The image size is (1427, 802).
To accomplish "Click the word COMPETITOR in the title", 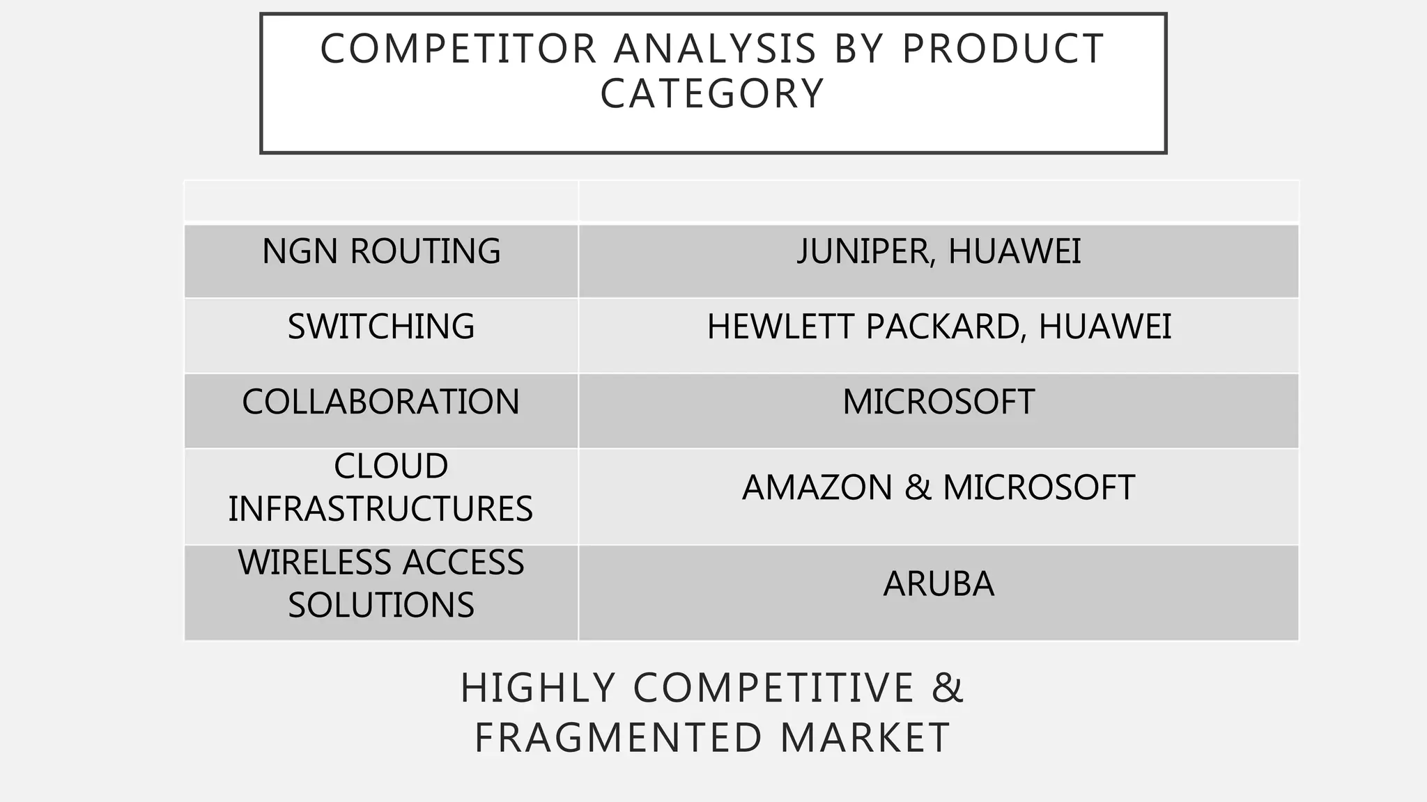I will (x=458, y=49).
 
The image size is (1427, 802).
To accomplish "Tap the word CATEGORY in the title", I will (x=712, y=93).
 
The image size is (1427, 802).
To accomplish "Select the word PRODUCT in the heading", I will (x=1003, y=49).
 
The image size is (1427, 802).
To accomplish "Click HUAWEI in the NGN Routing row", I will (x=1014, y=251).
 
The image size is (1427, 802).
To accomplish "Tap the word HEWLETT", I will (x=780, y=327).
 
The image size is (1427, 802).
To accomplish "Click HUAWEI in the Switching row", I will (x=1104, y=327).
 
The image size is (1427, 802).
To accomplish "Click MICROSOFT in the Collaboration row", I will (x=939, y=402).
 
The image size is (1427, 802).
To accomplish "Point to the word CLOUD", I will (x=390, y=466).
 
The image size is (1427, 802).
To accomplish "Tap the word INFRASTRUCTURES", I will (x=380, y=508).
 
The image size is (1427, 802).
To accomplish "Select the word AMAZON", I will (x=817, y=487).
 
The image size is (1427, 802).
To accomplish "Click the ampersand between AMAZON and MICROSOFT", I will (x=917, y=487).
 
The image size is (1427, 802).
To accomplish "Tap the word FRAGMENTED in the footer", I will (x=618, y=737).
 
